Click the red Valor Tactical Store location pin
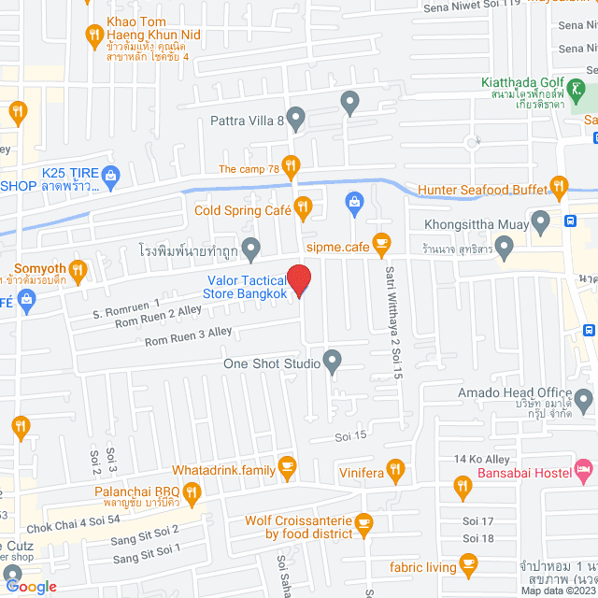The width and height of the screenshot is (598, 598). [x=298, y=280]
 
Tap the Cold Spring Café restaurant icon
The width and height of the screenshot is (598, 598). [x=302, y=206]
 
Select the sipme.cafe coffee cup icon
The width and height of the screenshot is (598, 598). [x=380, y=243]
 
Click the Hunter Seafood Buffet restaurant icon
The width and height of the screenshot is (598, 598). [x=559, y=185]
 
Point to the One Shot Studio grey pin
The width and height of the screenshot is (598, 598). [x=332, y=360]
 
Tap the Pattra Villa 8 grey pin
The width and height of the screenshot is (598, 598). [x=296, y=119]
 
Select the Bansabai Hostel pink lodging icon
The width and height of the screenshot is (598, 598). [x=583, y=466]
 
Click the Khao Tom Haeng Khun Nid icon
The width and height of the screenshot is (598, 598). [x=93, y=37]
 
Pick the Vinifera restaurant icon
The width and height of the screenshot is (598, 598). [x=395, y=469]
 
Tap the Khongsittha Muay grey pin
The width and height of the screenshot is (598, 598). [x=540, y=221]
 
